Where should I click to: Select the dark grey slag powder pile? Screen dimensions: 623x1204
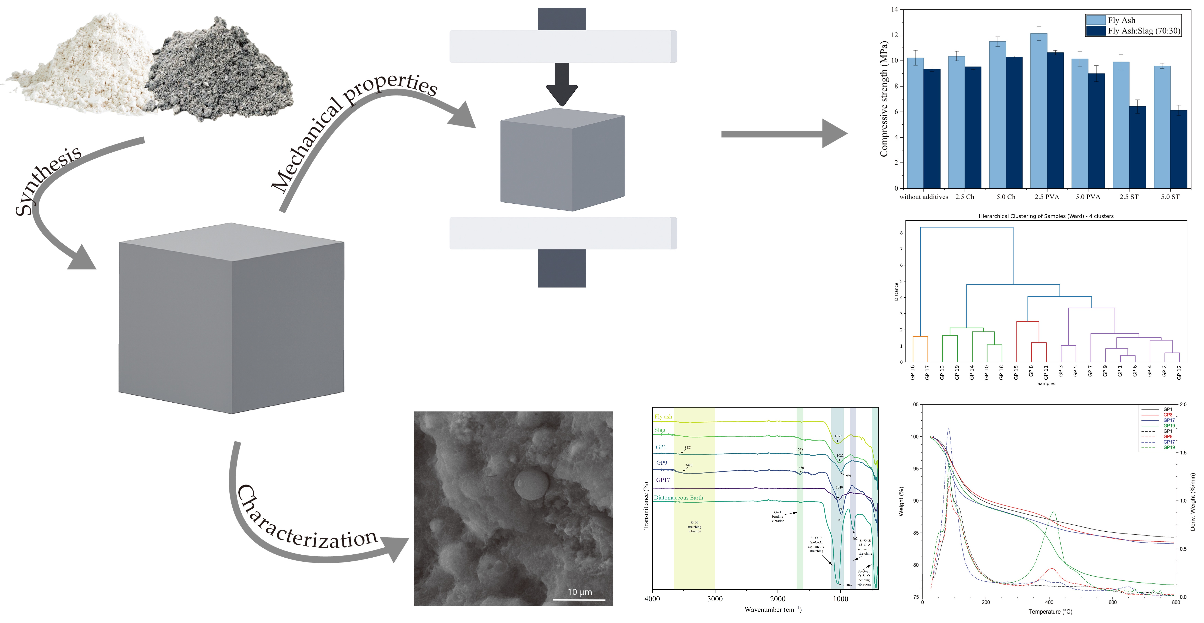(x=220, y=75)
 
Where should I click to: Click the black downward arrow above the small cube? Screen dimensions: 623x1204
(x=562, y=84)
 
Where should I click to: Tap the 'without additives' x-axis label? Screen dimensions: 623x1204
(x=924, y=197)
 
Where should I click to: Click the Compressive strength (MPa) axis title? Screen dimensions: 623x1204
(x=883, y=99)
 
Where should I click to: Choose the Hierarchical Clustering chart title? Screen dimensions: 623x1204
(x=1046, y=216)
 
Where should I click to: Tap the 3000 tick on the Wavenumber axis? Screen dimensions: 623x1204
(x=715, y=599)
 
